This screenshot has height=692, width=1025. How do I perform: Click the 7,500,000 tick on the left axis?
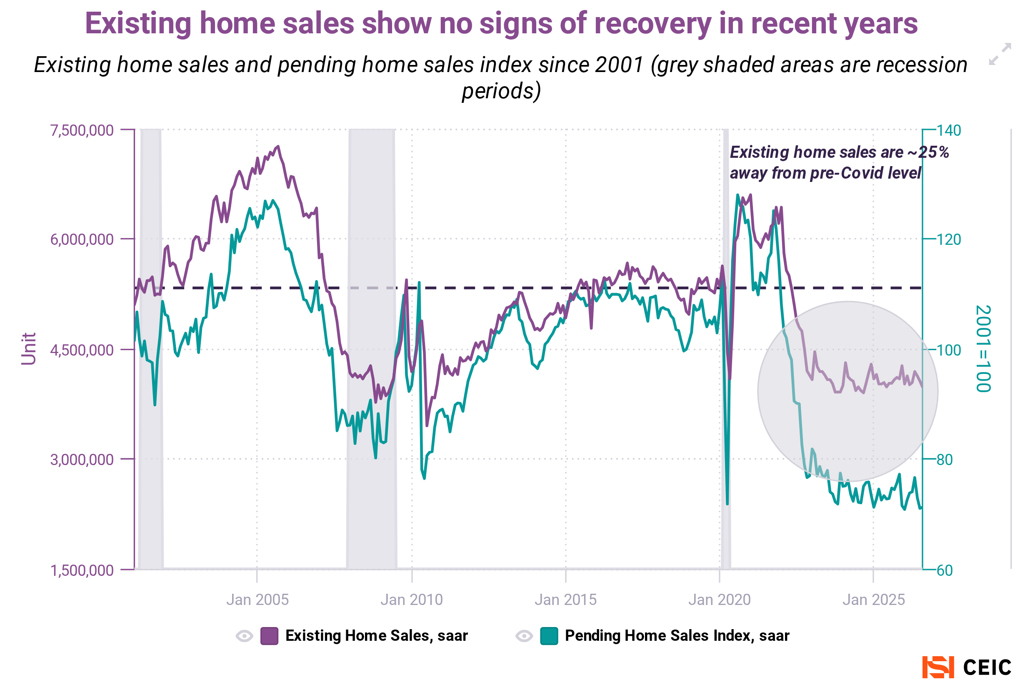82,130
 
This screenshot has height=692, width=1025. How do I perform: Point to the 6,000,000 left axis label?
82,239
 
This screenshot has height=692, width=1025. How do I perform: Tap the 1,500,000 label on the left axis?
82,570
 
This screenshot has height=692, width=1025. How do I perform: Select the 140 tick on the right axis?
949,130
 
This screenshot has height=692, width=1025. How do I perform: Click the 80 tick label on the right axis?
944,460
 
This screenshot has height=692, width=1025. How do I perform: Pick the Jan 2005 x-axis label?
257,600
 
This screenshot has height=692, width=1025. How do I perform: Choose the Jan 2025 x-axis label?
874,600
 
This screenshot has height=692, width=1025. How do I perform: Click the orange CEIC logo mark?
937,667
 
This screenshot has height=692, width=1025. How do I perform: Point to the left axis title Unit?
29,348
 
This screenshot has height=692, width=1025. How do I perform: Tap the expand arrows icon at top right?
1000,54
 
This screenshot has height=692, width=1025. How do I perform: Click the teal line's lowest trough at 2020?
727,503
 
